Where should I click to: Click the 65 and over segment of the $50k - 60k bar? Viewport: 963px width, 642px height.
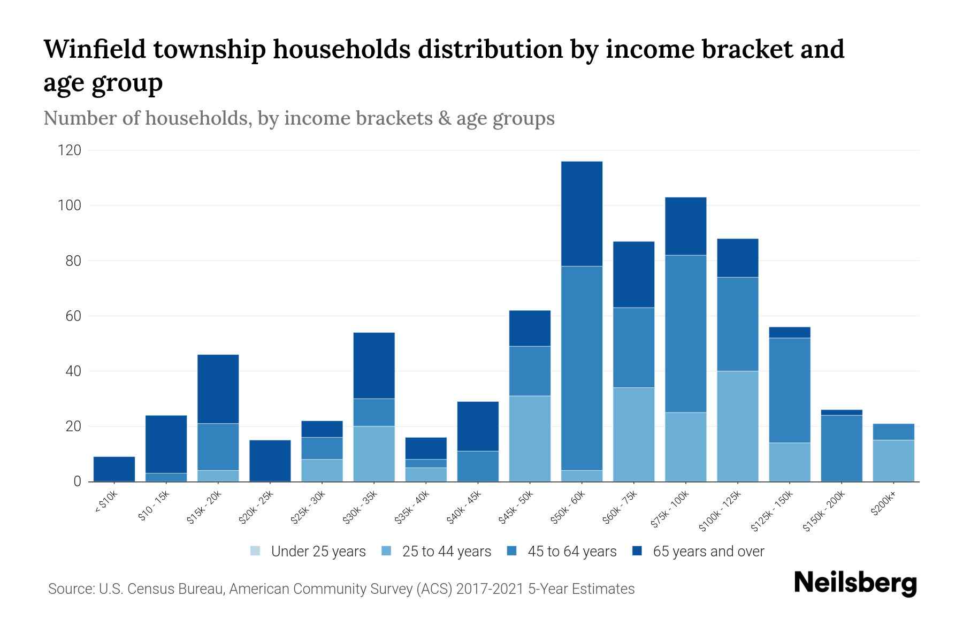click(x=582, y=213)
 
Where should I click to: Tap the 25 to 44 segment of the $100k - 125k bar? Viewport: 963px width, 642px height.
click(x=737, y=426)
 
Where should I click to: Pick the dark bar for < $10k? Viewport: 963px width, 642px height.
click(x=114, y=469)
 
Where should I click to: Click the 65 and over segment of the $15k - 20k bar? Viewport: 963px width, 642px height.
click(x=218, y=389)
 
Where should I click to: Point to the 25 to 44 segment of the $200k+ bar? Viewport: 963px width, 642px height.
click(x=893, y=461)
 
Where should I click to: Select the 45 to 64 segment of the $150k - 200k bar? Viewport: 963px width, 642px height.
click(x=841, y=448)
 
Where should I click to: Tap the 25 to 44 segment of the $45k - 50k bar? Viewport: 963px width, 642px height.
click(x=530, y=439)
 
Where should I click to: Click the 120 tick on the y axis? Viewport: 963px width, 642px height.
click(x=70, y=150)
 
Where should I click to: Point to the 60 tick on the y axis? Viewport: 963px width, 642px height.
click(x=72, y=316)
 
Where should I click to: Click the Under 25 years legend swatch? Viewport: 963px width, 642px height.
click(x=256, y=551)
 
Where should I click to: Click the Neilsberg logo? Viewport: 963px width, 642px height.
click(x=855, y=583)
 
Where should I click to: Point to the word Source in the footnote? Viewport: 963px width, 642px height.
click(x=71, y=589)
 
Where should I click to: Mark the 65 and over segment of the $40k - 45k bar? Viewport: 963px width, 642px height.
click(x=478, y=426)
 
